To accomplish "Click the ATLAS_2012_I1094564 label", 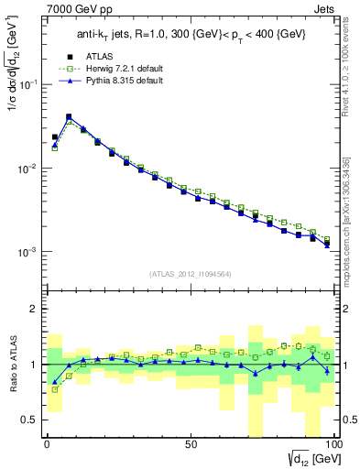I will pos(189,274).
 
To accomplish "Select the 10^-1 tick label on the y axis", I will pos(27,84).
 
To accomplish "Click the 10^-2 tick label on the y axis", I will pos(27,169).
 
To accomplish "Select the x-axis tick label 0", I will pos(47,444).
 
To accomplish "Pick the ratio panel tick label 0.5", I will pos(30,420).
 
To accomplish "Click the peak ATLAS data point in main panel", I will pos(69,117).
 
